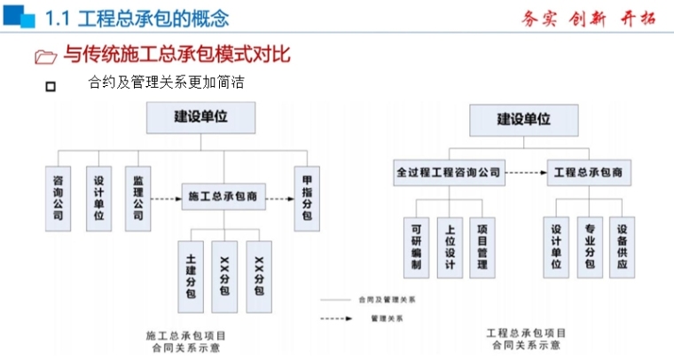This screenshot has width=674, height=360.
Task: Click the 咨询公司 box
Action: pos(58,198)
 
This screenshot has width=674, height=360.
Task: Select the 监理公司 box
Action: pos(137,198)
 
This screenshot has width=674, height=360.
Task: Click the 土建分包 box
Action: pos(191,276)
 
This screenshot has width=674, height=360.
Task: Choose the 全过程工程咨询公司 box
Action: pos(449,172)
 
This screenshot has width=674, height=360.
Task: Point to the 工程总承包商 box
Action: pos(589,172)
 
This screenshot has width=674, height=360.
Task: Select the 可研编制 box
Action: pos(415,246)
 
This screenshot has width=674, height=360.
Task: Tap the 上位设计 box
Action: pos(449,246)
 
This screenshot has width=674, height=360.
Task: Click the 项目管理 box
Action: pos(482,246)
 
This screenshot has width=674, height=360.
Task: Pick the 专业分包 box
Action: pos(589,246)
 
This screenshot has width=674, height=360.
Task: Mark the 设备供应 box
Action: pos(623,246)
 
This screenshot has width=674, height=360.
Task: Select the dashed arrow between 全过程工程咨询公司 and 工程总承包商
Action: pos(526,172)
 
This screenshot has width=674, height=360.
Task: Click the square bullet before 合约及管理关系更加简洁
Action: pos(50,86)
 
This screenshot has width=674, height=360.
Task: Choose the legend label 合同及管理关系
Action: pos(387,300)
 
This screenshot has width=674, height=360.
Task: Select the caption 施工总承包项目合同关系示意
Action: pos(185,341)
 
